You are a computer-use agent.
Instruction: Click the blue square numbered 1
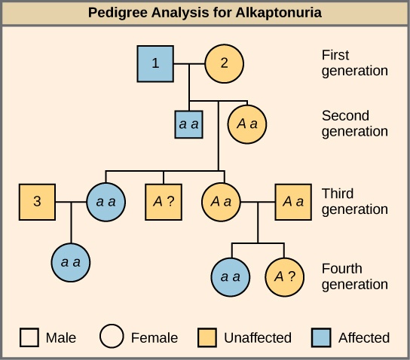click(156, 63)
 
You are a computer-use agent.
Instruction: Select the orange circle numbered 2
click(223, 63)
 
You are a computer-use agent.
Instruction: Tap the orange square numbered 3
click(38, 202)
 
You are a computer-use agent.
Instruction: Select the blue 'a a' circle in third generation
click(106, 202)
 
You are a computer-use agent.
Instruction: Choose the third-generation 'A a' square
click(293, 202)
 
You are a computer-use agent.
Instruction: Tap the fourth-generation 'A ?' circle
click(284, 276)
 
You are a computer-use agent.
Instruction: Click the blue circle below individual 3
click(72, 262)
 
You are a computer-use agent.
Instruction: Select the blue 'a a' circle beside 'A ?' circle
click(231, 276)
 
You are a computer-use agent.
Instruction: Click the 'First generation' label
click(354, 63)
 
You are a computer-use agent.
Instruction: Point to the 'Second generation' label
click(354, 124)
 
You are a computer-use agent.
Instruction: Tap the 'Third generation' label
click(354, 201)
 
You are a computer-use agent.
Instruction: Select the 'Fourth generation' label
click(354, 276)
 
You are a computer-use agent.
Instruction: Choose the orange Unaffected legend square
click(210, 337)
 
